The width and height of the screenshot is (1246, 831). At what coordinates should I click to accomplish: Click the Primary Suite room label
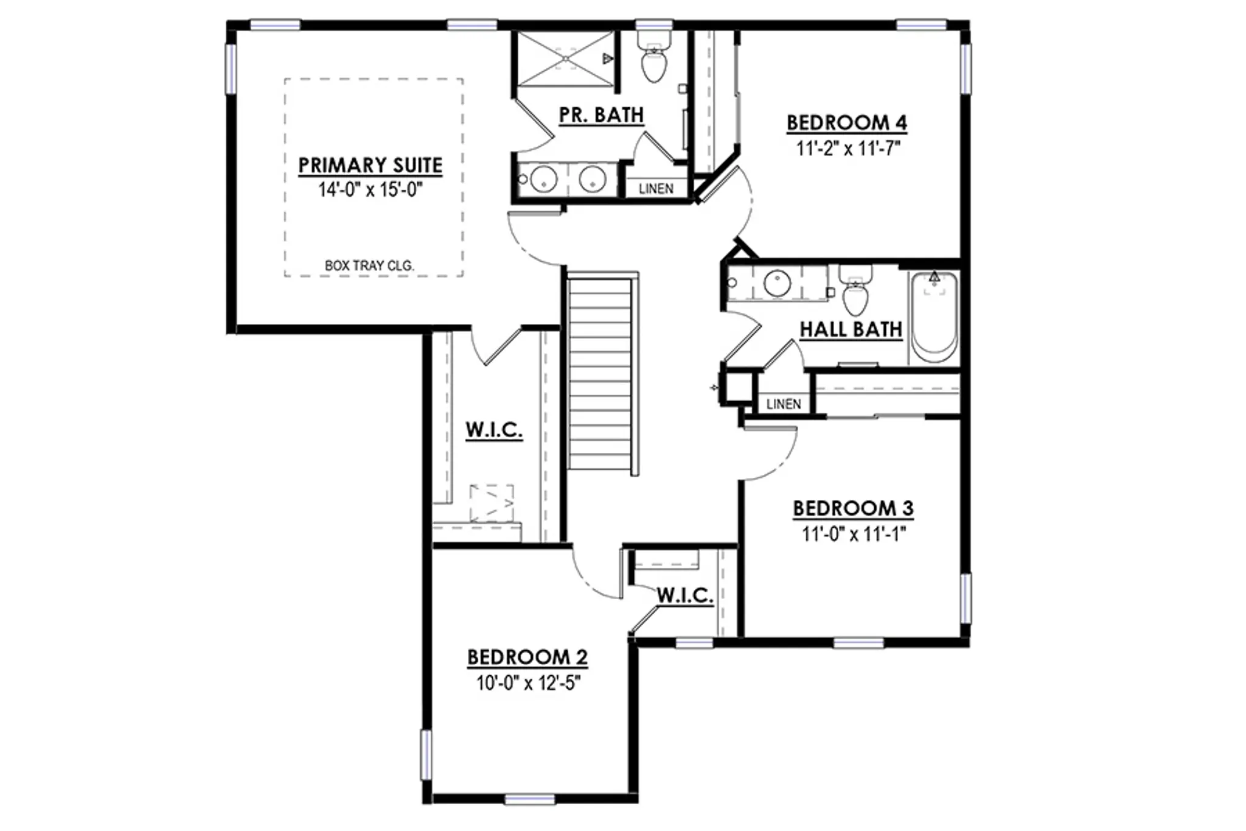[x=370, y=165]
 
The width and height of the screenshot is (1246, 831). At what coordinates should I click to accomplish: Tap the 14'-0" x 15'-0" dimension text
[x=370, y=190]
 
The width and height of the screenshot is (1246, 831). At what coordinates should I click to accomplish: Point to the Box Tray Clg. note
[x=369, y=265]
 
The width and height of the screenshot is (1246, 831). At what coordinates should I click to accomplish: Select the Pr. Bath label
[x=601, y=114]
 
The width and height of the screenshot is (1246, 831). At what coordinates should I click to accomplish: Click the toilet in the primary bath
[x=654, y=59]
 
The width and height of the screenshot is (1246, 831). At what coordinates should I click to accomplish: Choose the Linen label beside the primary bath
[x=656, y=189]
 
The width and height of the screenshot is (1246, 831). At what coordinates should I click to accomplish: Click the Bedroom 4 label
[x=847, y=122]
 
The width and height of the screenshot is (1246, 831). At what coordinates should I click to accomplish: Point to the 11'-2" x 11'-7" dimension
[x=848, y=148]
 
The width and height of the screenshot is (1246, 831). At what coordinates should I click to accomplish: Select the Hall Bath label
[x=851, y=329]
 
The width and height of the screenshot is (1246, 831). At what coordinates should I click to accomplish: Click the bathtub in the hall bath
[x=934, y=317]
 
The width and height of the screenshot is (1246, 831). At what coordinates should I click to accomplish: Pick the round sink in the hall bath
[x=777, y=283]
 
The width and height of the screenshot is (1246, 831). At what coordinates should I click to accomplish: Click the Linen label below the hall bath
[x=784, y=404]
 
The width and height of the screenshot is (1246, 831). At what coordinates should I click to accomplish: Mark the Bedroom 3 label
[x=853, y=508]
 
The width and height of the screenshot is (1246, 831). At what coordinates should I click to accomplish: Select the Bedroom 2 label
[x=527, y=657]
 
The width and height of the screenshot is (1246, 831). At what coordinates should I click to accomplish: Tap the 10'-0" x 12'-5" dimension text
[x=528, y=683]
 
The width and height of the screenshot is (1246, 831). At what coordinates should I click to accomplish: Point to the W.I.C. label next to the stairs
[x=494, y=430]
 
